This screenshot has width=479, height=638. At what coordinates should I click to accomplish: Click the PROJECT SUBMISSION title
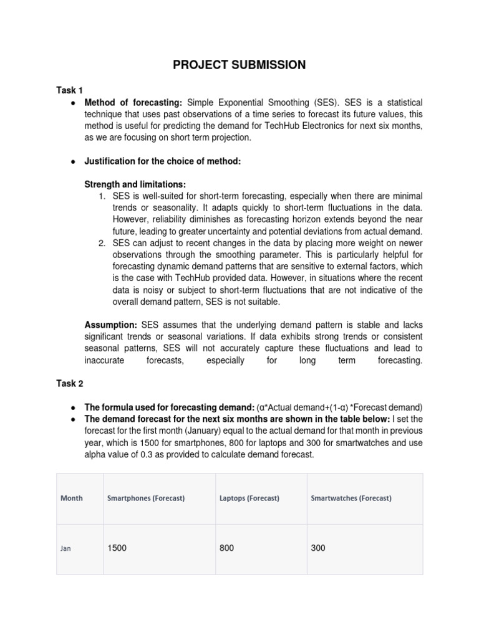[239, 65]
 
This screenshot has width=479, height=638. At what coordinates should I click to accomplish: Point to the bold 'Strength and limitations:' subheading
[135, 184]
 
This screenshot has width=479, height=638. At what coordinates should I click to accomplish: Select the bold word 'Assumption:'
[111, 325]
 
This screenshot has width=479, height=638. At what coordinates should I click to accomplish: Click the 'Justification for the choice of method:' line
[162, 161]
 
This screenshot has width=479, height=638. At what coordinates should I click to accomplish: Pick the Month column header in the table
[71, 498]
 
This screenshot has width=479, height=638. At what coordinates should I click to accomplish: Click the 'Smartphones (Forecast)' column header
[146, 498]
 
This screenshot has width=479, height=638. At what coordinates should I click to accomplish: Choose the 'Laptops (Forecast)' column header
[249, 498]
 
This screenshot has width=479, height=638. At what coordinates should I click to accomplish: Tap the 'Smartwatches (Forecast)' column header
[351, 498]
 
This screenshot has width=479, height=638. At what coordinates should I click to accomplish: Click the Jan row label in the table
[65, 549]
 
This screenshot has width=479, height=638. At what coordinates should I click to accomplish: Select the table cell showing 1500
[118, 548]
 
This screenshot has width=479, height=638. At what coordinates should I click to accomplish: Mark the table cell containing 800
[227, 548]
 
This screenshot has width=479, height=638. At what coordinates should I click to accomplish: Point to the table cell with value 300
[318, 548]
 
